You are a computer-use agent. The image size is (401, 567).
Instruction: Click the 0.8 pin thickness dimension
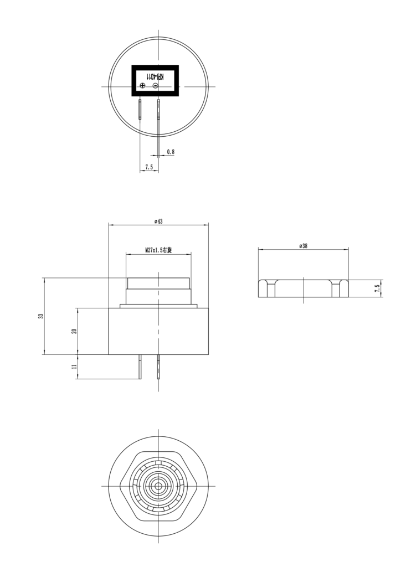point(171,152)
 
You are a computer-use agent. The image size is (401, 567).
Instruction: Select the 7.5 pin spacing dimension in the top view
point(149,167)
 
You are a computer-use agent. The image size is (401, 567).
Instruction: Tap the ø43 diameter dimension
point(158,221)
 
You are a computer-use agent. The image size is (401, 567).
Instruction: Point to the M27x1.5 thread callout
point(158,250)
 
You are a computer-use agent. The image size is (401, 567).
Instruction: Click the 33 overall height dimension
point(41,316)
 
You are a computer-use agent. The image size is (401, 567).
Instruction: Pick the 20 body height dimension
point(74,331)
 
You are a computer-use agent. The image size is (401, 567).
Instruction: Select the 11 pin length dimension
point(74,367)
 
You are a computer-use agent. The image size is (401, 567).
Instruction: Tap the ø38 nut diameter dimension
point(304,245)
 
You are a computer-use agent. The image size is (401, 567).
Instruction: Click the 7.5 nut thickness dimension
point(377,288)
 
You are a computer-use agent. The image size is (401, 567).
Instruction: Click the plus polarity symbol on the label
point(142,85)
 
